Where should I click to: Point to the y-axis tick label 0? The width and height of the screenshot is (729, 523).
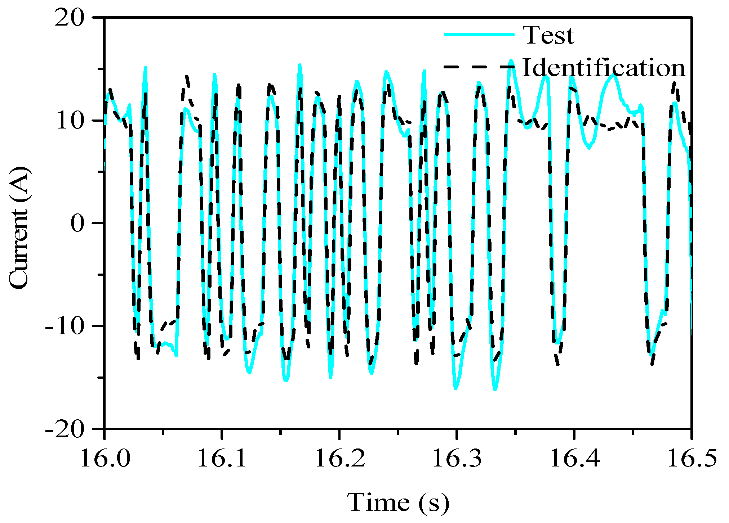tap(77, 223)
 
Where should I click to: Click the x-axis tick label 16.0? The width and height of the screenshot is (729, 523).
tap(105, 458)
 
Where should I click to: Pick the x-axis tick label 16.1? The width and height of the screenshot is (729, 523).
tap(222, 458)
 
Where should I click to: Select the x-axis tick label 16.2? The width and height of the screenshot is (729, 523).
tap(339, 458)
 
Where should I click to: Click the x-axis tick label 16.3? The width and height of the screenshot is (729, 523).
tap(457, 458)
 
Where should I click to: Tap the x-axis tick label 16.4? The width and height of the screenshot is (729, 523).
tap(574, 458)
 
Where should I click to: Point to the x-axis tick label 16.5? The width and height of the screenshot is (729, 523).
tap(691, 458)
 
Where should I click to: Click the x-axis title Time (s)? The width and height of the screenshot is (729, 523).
tap(398, 502)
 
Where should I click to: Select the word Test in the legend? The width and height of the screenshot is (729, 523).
tap(548, 35)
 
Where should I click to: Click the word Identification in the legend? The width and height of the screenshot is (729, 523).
tap(604, 68)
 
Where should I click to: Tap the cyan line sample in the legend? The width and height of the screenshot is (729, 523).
tap(479, 35)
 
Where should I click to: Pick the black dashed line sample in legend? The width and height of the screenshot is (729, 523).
tap(479, 67)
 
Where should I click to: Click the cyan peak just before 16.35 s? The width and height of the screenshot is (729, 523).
tap(511, 61)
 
